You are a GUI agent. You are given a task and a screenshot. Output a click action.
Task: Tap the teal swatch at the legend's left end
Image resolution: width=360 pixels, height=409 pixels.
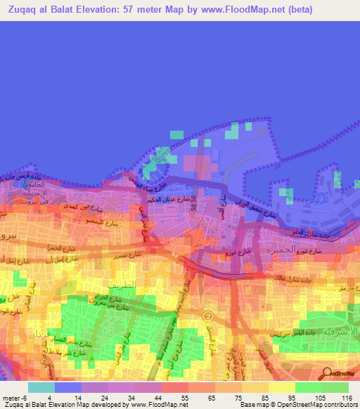41,387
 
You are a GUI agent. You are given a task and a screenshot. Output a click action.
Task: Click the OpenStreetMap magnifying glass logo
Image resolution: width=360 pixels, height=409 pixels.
328,372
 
